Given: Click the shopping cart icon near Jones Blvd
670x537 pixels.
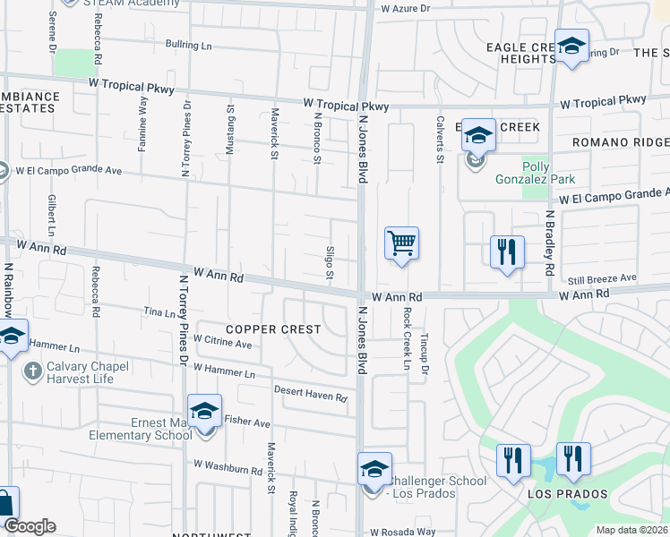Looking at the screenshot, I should pos(402,243).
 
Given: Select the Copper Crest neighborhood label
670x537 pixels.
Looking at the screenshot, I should pos(273,329).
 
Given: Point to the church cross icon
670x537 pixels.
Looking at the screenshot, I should pos(31,371).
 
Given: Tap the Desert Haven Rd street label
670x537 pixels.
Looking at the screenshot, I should pos(310,394).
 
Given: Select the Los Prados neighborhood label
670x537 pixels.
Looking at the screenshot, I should pos(567,494).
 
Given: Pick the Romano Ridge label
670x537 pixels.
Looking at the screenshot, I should pos(622,142).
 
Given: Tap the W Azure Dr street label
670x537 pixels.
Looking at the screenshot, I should pos(406,8).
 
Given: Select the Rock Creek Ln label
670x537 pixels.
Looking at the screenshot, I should pos(407,340).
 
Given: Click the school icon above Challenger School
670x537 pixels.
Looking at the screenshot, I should pos(374,467).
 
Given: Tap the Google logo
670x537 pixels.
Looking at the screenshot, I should pos(30,526).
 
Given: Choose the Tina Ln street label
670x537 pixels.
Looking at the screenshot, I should pos(159,313).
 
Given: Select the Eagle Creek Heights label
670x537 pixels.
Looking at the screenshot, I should pos(522,53).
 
